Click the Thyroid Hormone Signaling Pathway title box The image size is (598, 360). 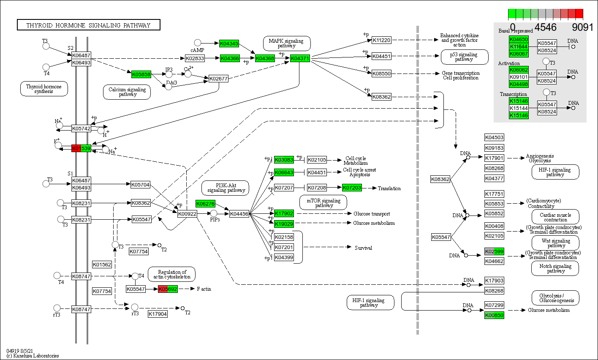89,25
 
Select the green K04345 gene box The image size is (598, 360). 229,44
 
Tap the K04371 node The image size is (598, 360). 300,58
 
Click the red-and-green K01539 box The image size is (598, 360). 82,148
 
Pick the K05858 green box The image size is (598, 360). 141,74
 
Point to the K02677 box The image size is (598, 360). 218,79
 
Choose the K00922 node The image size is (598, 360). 187,214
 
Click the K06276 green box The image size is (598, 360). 206,204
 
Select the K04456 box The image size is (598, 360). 239,214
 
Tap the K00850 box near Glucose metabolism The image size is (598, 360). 494,315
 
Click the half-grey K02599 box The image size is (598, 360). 494,252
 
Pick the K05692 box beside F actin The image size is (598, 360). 168,289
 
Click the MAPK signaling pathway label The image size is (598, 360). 287,43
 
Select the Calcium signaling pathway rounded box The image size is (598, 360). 127,92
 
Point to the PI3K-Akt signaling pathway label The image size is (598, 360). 226,188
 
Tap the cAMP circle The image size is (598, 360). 198,43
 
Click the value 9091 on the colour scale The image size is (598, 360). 582,28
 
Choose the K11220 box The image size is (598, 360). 381,40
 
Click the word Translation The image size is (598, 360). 389,188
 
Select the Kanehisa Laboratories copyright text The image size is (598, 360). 33,356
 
